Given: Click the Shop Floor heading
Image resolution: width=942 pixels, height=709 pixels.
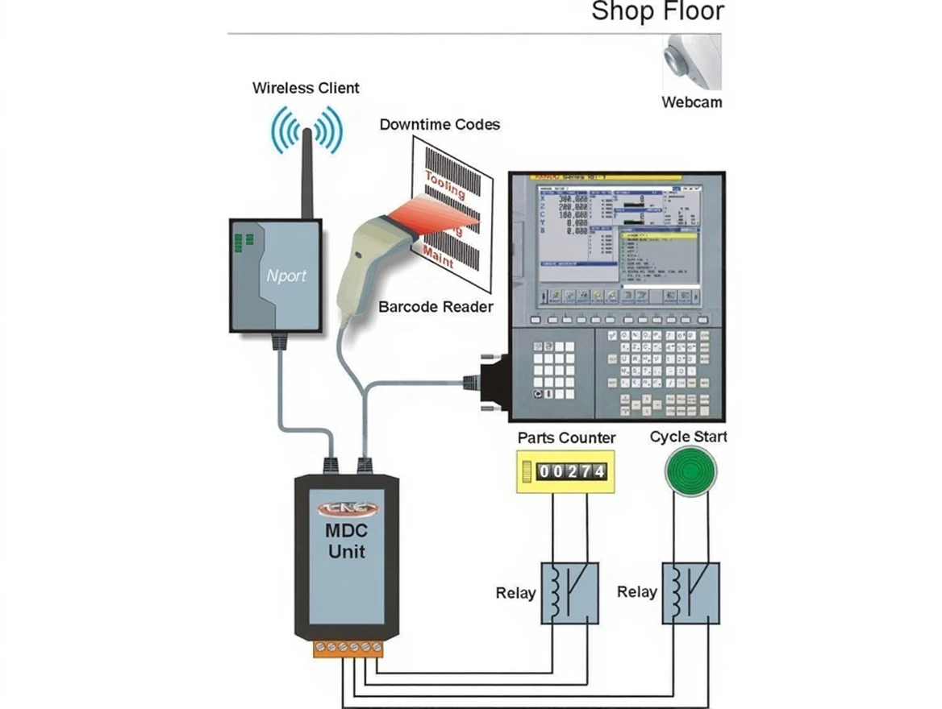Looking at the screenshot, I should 657,12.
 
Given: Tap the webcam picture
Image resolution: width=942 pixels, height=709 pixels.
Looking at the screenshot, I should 691,61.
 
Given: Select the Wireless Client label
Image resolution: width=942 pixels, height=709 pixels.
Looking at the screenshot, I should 306,88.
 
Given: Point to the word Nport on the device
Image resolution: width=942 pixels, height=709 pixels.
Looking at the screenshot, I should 286,276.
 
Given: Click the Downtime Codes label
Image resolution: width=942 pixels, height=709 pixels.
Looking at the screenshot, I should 440,125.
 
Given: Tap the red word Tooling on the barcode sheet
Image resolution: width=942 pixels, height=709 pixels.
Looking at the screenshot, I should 444,185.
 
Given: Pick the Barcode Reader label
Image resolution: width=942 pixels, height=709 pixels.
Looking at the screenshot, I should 436,307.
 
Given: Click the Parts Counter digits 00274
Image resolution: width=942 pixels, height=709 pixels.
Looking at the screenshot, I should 571,471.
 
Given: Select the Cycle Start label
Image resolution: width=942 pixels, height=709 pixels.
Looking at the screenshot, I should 688,437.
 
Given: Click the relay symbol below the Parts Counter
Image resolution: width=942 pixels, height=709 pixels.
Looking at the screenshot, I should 569,593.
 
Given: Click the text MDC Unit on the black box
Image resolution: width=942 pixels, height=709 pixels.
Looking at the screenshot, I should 346,542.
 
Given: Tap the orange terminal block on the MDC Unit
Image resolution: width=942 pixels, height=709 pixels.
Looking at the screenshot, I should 348,648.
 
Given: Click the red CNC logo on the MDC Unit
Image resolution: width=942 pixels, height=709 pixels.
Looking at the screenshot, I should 346,508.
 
